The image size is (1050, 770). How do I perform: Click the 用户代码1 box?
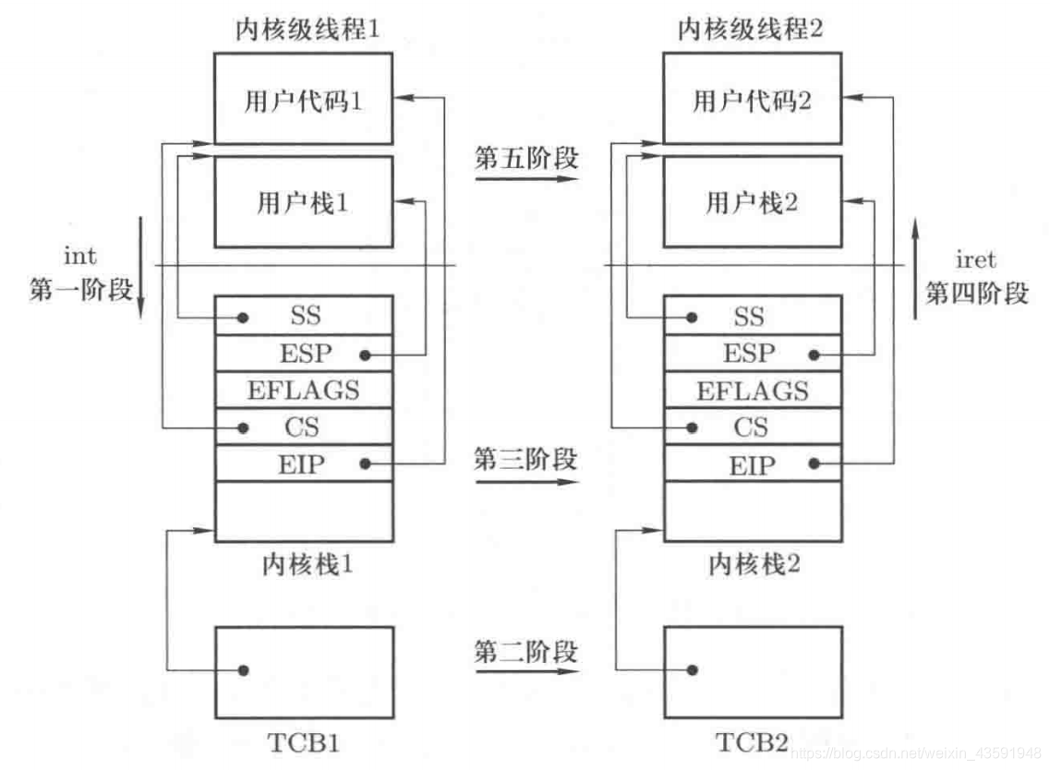coord(304,100)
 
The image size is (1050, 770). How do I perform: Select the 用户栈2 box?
coord(753,202)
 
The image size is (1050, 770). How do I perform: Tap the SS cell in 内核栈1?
coord(304,317)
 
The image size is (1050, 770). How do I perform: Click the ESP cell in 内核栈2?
coord(749,354)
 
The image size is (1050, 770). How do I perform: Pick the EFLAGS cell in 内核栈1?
coord(304,390)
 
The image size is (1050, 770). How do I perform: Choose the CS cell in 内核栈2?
coord(750,427)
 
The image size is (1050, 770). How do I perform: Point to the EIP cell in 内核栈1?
coord(303,464)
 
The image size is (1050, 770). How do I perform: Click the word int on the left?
coord(79,256)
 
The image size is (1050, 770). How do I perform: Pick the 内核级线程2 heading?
coord(753,30)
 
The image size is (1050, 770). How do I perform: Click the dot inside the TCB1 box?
coord(244,670)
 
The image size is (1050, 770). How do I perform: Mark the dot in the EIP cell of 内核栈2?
coord(815,464)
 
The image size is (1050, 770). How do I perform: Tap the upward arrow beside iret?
coord(914,268)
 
